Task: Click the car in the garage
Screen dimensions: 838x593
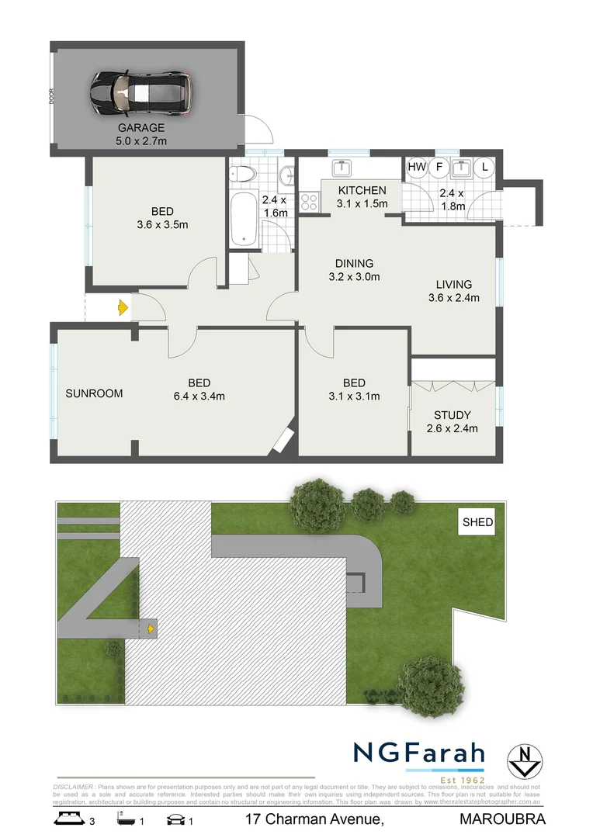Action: (140, 92)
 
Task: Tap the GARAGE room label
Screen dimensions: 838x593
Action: (141, 128)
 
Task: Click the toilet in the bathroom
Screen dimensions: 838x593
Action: (244, 175)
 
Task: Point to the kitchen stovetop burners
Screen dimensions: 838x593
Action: (310, 202)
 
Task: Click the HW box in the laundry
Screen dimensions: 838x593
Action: (417, 166)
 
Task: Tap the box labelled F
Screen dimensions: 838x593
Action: (438, 166)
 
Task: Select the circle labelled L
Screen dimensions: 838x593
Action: (486, 166)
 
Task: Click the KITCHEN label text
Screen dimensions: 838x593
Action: (361, 190)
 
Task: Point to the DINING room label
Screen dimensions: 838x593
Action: (354, 263)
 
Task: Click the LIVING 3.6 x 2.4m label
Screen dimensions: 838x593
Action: (453, 290)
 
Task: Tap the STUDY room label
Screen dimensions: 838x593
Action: (453, 415)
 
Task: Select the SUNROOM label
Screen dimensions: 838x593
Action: (94, 393)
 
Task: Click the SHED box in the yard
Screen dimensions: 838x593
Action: (477, 522)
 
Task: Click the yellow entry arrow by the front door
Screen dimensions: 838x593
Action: (123, 308)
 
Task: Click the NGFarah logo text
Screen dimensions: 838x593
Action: (419, 753)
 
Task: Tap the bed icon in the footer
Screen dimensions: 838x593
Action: (67, 819)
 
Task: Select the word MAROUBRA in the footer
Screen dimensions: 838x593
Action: (503, 819)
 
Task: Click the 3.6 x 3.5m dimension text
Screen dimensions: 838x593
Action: (162, 225)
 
